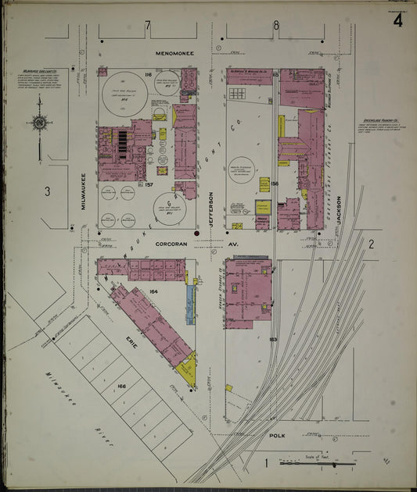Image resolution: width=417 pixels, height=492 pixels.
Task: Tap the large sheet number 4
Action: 398,21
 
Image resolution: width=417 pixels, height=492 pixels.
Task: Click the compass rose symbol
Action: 38,123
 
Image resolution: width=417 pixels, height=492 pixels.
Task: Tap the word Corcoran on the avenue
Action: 172,244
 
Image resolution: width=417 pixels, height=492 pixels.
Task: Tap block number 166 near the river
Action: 121,386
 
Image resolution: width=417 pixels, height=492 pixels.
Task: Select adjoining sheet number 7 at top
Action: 147,26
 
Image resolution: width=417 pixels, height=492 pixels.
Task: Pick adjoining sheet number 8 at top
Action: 275,26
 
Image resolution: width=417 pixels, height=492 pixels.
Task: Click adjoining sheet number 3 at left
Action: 47,191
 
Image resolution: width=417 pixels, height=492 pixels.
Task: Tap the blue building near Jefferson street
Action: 190,305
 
